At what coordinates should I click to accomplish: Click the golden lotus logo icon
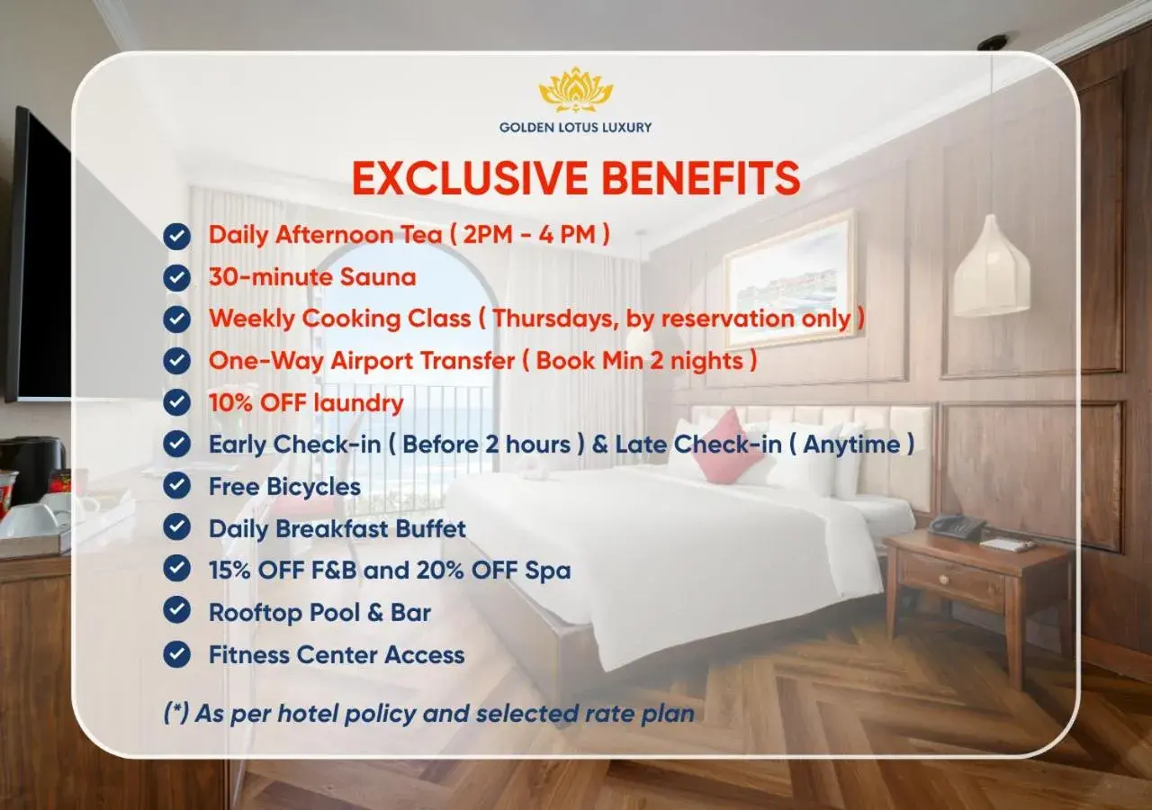point(576,90)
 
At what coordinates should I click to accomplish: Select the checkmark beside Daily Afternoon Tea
point(177,236)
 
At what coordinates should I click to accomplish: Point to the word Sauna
point(378,276)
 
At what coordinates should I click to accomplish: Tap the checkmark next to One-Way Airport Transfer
point(177,361)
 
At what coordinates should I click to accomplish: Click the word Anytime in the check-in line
point(850,445)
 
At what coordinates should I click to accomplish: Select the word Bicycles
point(314,487)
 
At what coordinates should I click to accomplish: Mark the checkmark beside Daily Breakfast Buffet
point(177,528)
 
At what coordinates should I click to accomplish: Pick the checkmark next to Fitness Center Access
point(177,654)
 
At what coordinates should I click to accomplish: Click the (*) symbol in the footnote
point(175,714)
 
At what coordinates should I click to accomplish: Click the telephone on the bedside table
point(957,526)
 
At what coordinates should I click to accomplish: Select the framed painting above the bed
point(789,280)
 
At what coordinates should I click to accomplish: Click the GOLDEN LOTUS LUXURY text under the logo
point(576,128)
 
